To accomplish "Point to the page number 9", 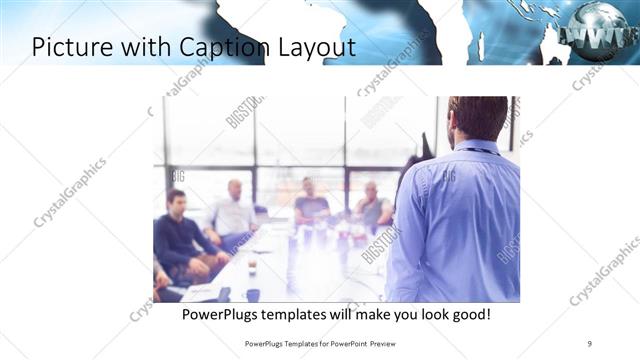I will tap(590, 343).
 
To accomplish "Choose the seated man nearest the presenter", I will tap(372, 207).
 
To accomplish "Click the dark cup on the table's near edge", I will tap(253, 294).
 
